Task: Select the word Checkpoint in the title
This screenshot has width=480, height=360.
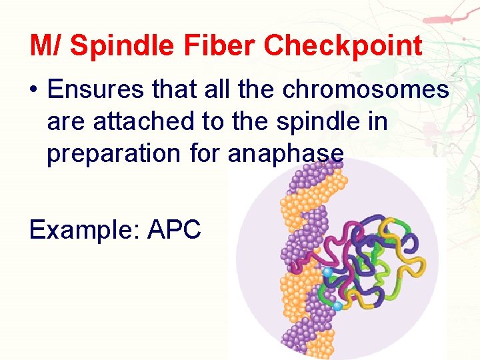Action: (x=343, y=46)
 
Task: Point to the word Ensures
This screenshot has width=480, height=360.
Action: (x=91, y=89)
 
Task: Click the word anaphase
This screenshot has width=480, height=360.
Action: (x=286, y=153)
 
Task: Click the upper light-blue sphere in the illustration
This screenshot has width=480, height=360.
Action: (x=327, y=273)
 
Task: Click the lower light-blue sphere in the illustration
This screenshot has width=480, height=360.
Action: (x=337, y=306)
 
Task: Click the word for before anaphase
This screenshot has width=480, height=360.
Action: (x=202, y=153)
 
